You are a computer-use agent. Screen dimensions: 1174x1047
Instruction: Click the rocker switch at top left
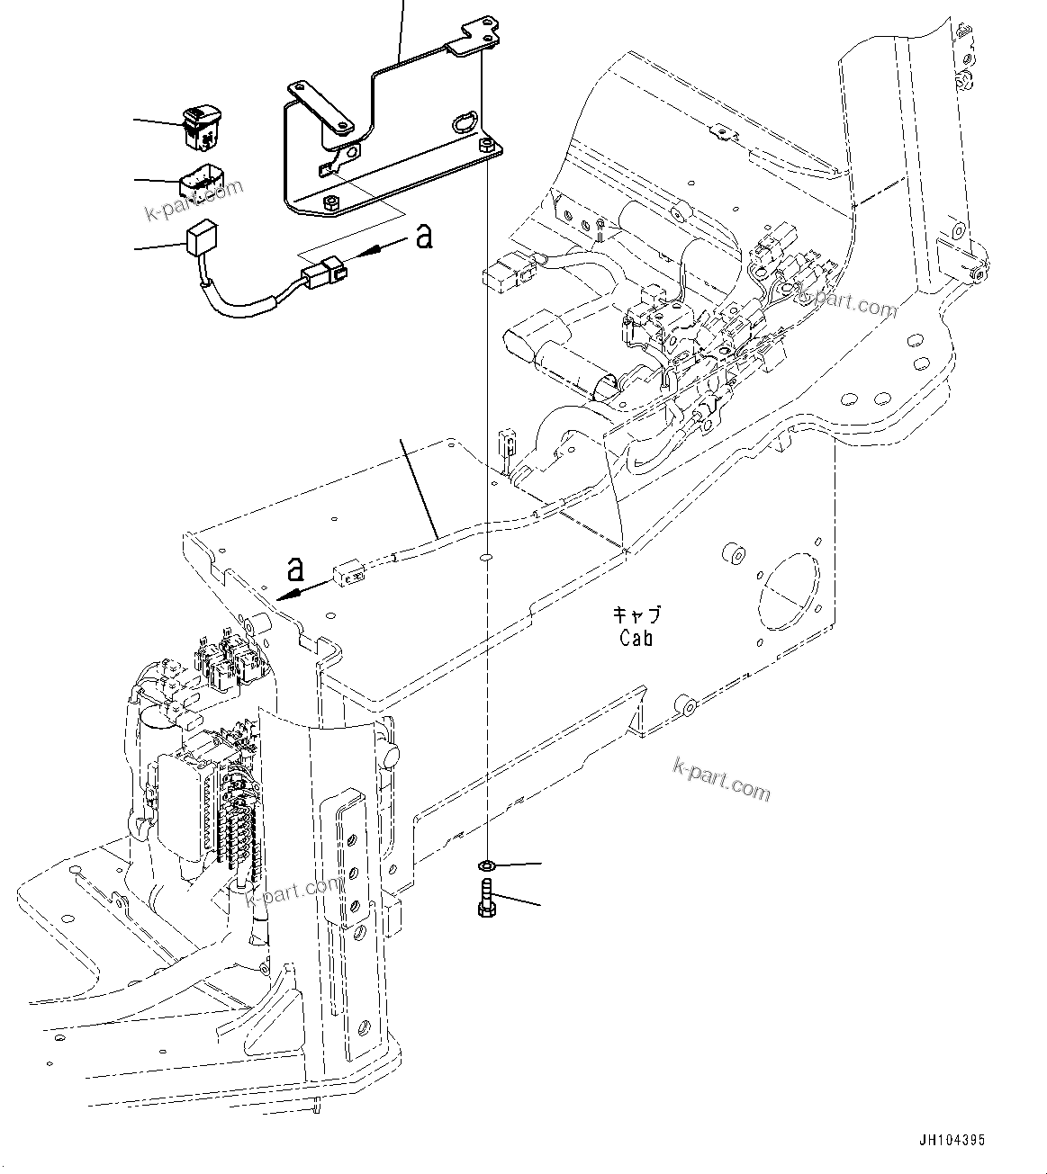pos(200,125)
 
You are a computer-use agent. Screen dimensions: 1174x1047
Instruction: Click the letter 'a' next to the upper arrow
pos(423,237)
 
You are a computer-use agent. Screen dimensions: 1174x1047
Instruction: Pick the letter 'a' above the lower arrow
pos(294,568)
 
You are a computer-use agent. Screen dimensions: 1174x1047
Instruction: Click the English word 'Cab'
pos(636,638)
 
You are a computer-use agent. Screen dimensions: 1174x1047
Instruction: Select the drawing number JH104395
pos(952,1140)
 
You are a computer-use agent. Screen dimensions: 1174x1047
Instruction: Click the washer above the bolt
pos(485,865)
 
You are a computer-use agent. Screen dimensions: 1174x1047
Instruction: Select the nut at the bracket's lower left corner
pos(329,202)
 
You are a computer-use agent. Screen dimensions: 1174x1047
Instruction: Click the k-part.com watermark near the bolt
pos(722,779)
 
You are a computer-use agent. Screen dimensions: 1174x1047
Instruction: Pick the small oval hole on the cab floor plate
pos(485,557)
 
